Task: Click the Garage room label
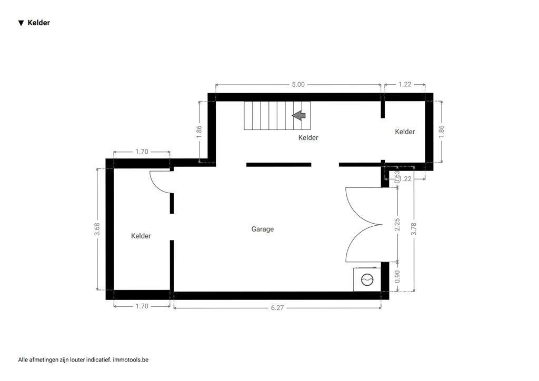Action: [262, 229]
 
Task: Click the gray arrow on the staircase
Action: [299, 115]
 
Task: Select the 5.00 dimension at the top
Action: [298, 84]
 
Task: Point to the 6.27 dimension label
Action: [277, 308]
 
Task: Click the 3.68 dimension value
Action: [97, 229]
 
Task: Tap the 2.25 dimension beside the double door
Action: [397, 225]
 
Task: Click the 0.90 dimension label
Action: [397, 277]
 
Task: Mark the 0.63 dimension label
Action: [397, 176]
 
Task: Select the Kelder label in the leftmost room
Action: [141, 236]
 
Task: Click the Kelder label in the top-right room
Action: [405, 132]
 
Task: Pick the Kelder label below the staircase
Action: [308, 138]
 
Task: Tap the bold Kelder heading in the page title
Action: [39, 23]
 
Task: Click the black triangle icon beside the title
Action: [21, 23]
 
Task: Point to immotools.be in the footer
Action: [131, 360]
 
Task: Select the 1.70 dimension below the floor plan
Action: [142, 306]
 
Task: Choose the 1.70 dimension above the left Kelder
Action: [142, 152]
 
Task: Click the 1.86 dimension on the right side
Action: [441, 131]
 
